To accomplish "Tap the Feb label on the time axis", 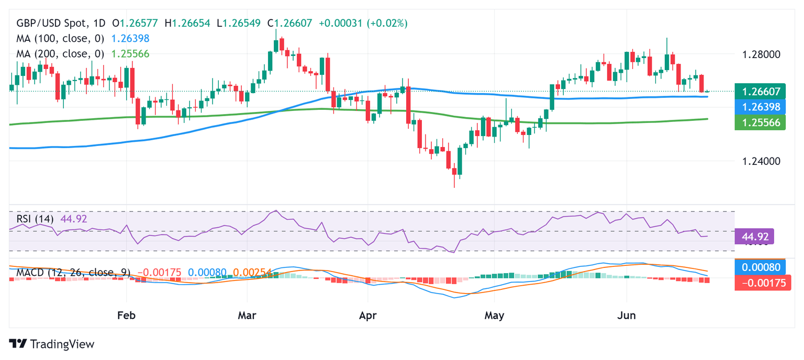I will tap(127, 316).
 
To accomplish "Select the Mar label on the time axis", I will tap(247, 316).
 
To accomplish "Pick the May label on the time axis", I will tap(494, 316).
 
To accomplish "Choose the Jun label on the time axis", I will tap(627, 316).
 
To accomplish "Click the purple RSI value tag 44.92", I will tap(754, 237).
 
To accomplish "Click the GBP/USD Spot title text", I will tap(53, 23).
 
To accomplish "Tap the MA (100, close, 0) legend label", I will tap(60, 38).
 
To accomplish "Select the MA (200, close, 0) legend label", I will tap(60, 53).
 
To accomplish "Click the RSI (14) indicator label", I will tap(35, 219).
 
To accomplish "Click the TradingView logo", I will tap(52, 344).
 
